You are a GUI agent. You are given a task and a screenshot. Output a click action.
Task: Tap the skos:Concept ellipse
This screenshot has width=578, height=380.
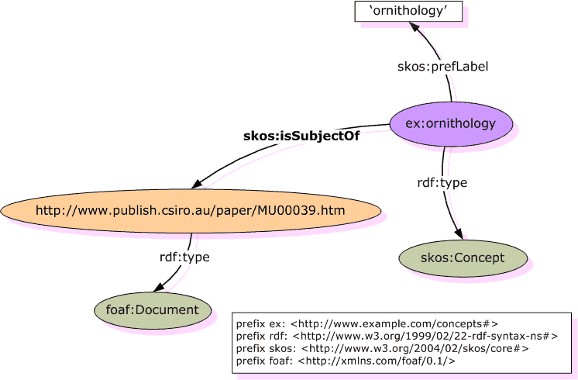point(463,257)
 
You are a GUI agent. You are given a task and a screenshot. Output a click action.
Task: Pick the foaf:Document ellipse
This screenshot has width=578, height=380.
point(152,310)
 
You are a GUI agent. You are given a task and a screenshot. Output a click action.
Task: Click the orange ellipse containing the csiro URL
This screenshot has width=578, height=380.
point(191,210)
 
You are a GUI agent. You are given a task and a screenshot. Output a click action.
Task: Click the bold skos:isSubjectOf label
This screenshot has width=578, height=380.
point(301,136)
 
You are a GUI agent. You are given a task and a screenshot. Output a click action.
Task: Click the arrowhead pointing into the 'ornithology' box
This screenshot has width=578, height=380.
point(415,28)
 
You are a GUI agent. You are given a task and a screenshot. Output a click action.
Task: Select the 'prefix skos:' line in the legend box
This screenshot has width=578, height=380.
point(383,349)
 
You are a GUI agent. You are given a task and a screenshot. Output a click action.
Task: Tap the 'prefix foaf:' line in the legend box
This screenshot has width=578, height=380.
point(346,361)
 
